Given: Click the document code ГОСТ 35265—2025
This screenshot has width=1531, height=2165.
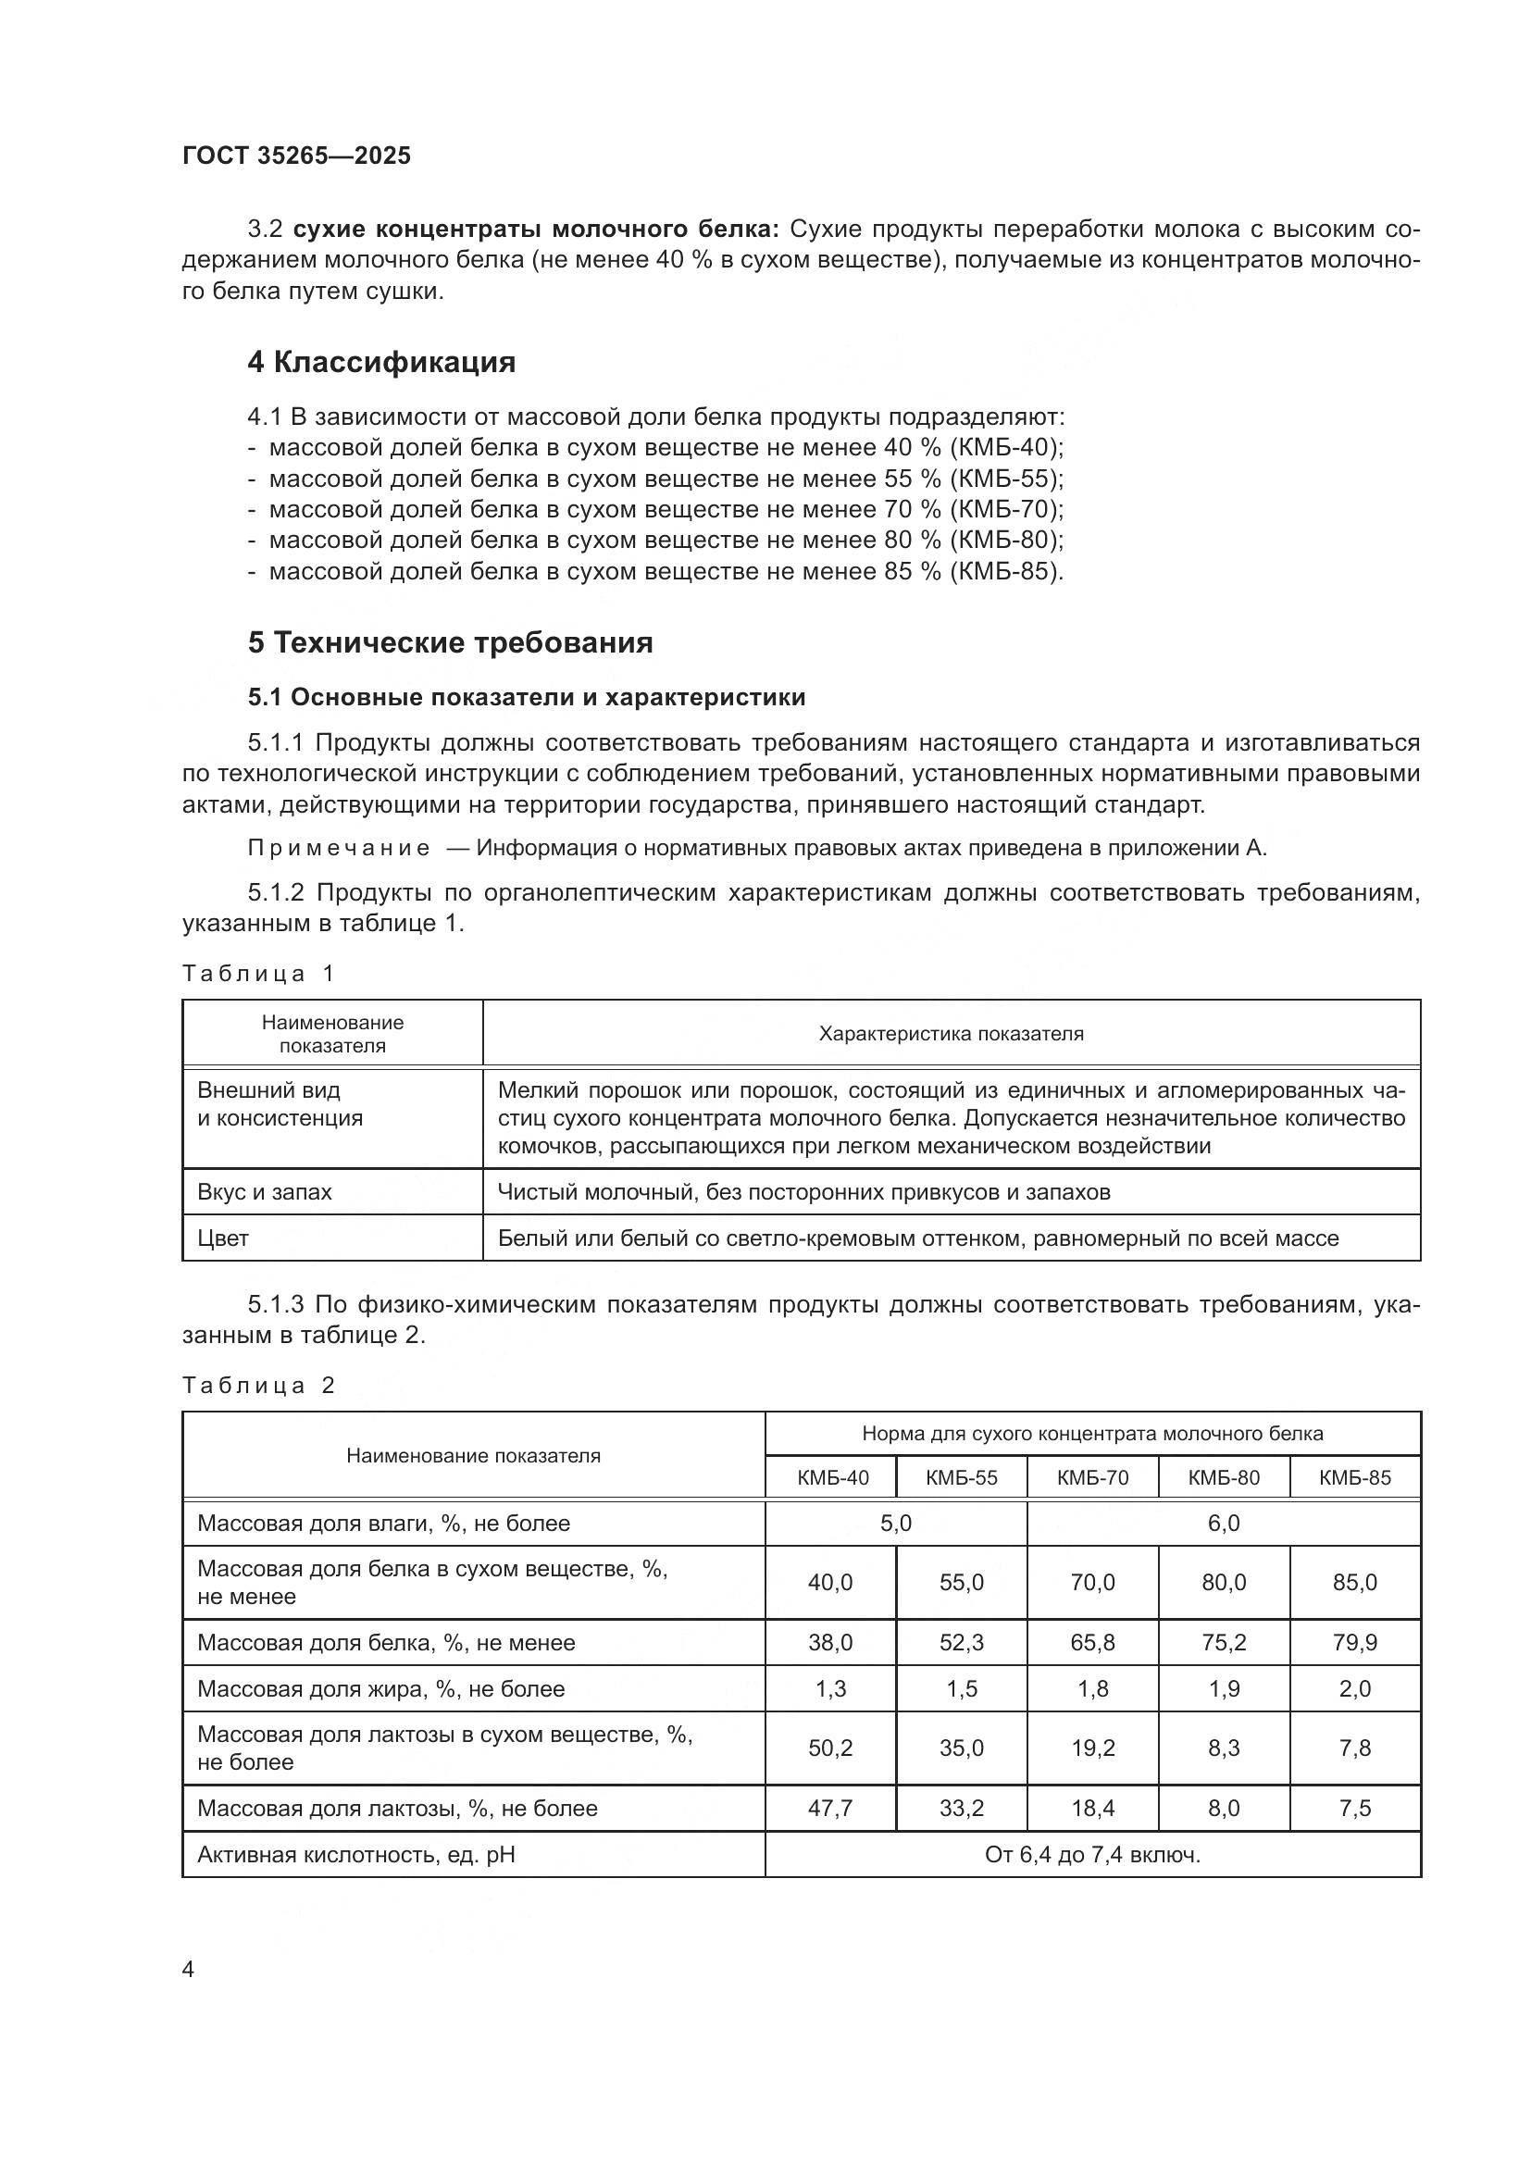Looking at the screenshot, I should [296, 156].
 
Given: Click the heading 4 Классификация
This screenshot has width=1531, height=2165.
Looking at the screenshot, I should [380, 362].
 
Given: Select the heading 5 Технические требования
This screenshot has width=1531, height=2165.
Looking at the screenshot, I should [450, 642].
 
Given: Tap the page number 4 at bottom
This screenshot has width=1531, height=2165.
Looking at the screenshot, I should [188, 1969].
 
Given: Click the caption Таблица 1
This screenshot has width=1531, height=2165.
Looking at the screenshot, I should [258, 973].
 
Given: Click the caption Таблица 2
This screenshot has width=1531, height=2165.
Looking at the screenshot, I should [258, 1386].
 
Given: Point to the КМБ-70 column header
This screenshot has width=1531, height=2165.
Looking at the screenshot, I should [1091, 1477].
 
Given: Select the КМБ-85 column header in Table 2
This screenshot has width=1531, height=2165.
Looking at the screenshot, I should [1354, 1477].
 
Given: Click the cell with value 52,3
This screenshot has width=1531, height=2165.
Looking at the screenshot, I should [961, 1643].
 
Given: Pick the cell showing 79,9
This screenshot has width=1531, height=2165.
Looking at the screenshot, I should [1354, 1643].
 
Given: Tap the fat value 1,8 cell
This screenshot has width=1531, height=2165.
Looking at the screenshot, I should [1091, 1689].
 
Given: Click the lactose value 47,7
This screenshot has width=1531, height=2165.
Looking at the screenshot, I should [829, 1808].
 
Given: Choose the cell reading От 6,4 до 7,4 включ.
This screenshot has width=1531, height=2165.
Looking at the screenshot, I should [1091, 1855].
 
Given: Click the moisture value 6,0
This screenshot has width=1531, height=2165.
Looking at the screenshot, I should [1223, 1523].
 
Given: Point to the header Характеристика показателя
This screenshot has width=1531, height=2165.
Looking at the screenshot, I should [951, 1034].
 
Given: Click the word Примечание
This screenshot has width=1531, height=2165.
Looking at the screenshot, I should [339, 848].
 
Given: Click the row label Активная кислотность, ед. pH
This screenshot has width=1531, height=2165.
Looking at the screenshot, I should [355, 1855].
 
